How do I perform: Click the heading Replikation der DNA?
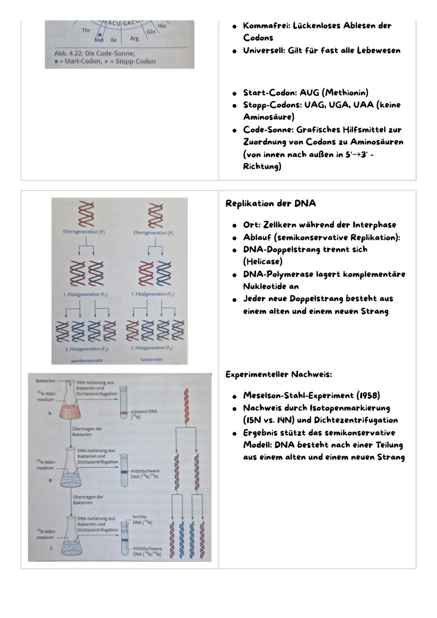[x=270, y=203]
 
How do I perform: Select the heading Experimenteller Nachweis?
[x=278, y=374]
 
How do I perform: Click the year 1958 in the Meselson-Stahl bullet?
[x=367, y=395]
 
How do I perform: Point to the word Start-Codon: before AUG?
[x=270, y=92]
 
